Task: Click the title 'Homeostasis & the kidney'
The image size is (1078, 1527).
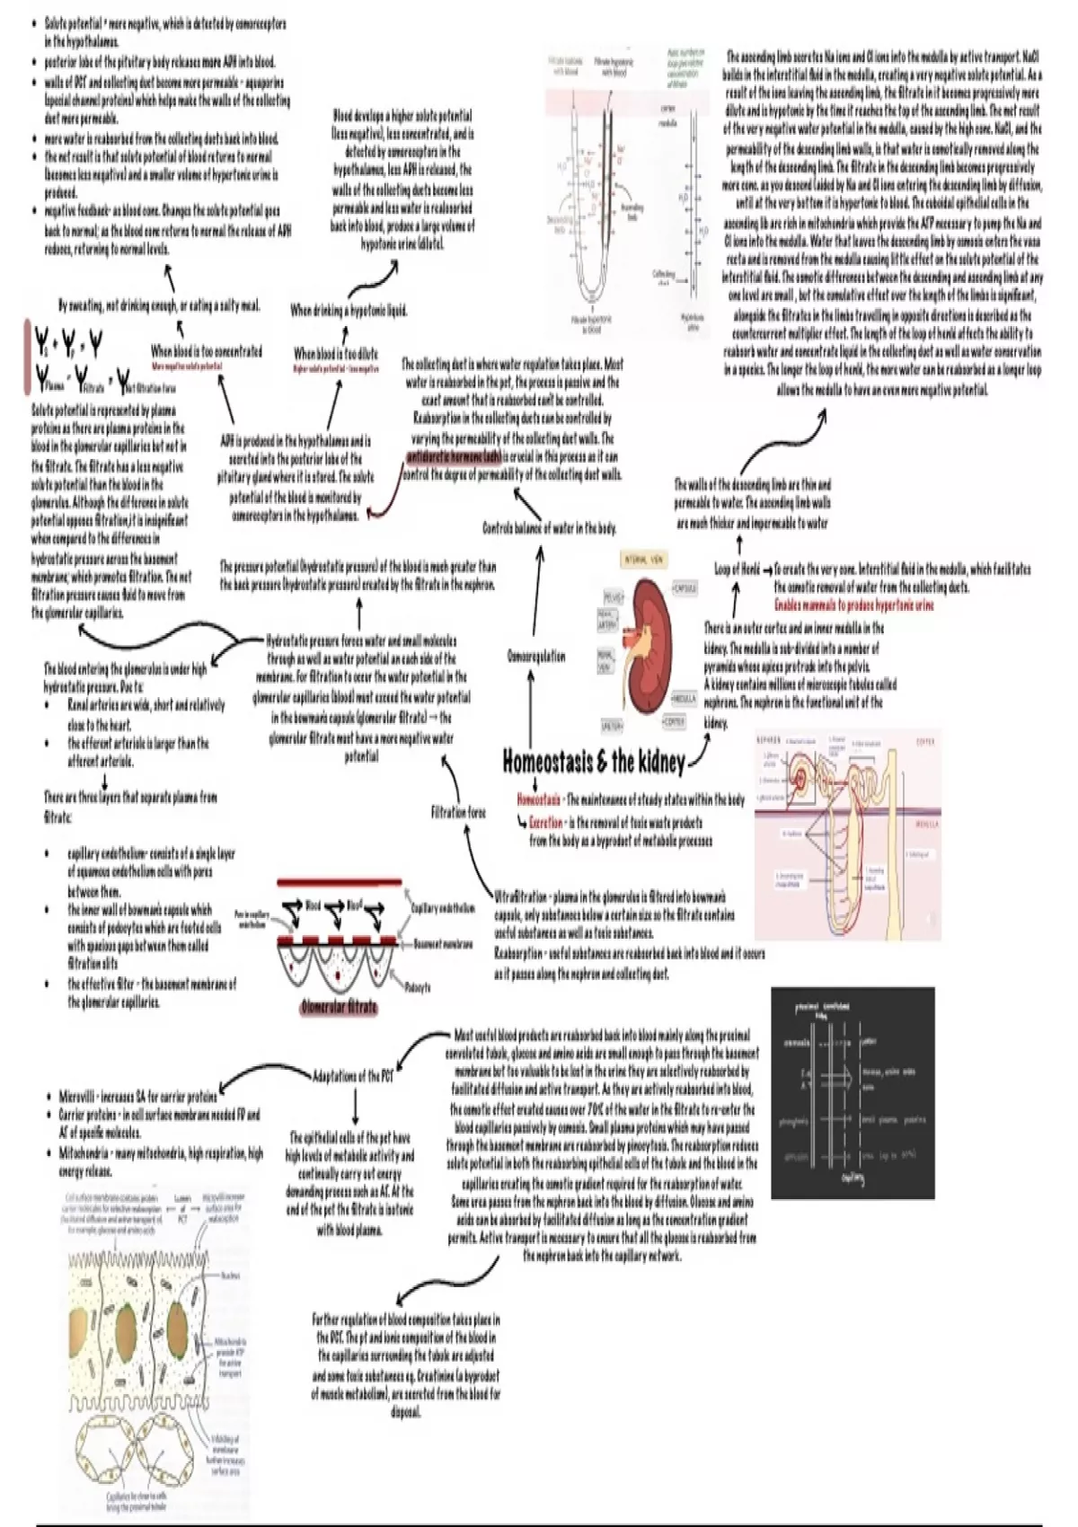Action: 593,762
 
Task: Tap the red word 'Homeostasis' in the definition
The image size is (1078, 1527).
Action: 539,799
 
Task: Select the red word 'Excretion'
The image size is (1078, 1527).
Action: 546,822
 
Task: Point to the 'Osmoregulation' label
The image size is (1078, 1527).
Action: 536,656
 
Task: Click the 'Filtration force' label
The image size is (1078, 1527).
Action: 458,812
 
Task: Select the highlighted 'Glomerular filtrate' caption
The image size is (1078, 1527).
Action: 339,1007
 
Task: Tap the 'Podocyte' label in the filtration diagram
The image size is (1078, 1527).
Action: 418,986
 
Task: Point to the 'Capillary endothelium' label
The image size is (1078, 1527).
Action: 443,908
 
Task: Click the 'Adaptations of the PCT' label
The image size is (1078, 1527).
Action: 353,1075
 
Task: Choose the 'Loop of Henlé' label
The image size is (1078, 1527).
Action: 737,569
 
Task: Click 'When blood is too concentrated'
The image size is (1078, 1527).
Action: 207,351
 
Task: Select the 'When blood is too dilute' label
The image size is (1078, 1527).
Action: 336,353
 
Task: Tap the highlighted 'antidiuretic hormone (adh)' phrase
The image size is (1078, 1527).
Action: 454,457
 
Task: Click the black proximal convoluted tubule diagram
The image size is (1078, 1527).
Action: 852,1092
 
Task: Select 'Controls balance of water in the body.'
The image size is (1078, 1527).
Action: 549,527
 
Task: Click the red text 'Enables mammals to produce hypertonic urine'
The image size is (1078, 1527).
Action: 853,605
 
